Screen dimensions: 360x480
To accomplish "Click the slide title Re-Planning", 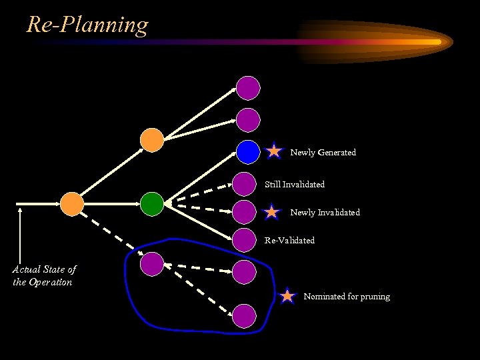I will [x=87, y=25].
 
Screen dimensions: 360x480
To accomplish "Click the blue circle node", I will [x=248, y=152].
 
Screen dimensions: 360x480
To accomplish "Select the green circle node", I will [x=152, y=203].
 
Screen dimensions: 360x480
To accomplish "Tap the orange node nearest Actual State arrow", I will [x=72, y=204].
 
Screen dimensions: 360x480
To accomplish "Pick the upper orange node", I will [x=152, y=139].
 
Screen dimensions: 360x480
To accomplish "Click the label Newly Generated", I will [x=323, y=153].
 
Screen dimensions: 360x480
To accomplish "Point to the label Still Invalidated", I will [x=295, y=184].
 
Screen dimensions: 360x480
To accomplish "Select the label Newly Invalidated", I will [x=325, y=213].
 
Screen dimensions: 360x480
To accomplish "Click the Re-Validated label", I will [x=289, y=240].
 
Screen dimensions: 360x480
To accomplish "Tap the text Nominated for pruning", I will [x=347, y=297].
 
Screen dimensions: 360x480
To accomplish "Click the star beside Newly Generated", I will [x=274, y=151].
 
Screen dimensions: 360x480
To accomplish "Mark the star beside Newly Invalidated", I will [x=272, y=213].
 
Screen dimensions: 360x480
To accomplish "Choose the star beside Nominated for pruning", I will [x=287, y=296].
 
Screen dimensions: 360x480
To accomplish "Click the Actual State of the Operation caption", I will [x=44, y=275].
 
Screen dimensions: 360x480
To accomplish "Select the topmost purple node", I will [x=248, y=87].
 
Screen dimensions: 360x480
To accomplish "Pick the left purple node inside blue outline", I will [x=152, y=264].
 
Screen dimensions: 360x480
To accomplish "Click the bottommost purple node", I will [x=244, y=315].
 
